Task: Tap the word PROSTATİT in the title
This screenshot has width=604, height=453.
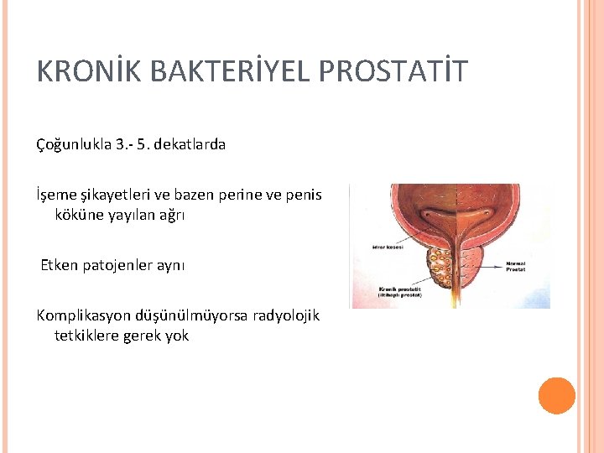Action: point(393,72)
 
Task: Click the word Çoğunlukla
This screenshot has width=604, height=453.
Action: point(73,144)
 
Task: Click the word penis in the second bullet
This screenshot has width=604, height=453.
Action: point(305,195)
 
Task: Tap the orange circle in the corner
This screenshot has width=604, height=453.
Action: point(556,395)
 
